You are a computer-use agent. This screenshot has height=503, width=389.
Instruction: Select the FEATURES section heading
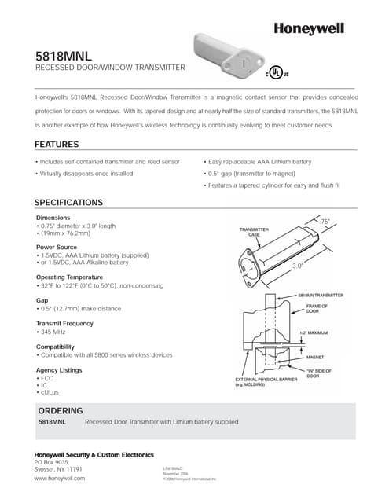point(57,145)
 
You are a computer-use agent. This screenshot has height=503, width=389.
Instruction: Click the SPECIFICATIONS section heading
point(68,202)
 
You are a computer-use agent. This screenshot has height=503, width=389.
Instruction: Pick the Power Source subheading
point(56,248)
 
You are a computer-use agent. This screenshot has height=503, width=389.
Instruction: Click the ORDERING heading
point(61,411)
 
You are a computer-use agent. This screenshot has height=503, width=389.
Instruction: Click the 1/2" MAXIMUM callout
point(313,333)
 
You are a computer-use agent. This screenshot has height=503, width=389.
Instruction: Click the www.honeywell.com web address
point(59,478)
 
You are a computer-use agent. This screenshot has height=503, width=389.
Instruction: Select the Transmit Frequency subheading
point(65,323)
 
